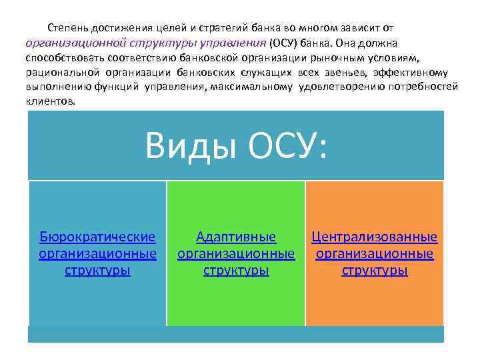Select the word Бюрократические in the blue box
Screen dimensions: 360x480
(97, 237)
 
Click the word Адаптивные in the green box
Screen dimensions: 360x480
(236, 237)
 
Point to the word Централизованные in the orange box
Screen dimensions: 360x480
(375, 237)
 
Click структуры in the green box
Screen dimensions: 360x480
(236, 271)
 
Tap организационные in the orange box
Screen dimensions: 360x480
(375, 254)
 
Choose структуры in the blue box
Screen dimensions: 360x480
(97, 271)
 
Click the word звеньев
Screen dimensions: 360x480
(347, 73)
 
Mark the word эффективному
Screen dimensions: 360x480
(411, 73)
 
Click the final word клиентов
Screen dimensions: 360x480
(51, 102)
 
